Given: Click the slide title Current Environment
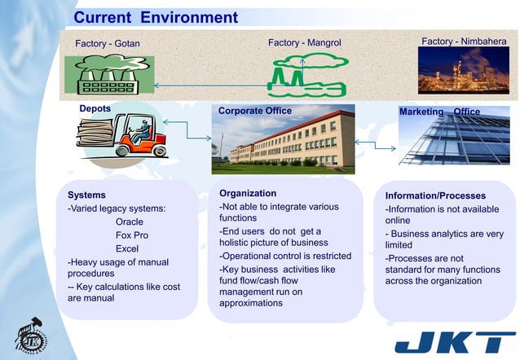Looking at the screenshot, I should pyautogui.click(x=156, y=17).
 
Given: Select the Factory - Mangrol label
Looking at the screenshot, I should pyautogui.click(x=304, y=42).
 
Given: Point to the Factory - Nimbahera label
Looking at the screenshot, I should pyautogui.click(x=463, y=41).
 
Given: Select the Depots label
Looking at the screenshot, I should pyautogui.click(x=95, y=108).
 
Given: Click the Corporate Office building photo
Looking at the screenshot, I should pyautogui.click(x=283, y=143).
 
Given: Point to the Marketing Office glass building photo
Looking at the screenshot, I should pyautogui.click(x=454, y=140).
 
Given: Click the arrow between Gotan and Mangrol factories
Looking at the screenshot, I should pyautogui.click(x=212, y=84).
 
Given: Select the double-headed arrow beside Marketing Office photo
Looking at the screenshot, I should pyautogui.click(x=376, y=145).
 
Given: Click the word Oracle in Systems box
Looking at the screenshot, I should pyautogui.click(x=129, y=222).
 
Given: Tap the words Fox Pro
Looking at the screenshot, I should pyautogui.click(x=132, y=235).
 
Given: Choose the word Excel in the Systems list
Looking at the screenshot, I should pyautogui.click(x=127, y=249).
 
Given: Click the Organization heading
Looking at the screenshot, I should pyautogui.click(x=248, y=194).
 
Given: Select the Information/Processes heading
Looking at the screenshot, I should pyautogui.click(x=435, y=195).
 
